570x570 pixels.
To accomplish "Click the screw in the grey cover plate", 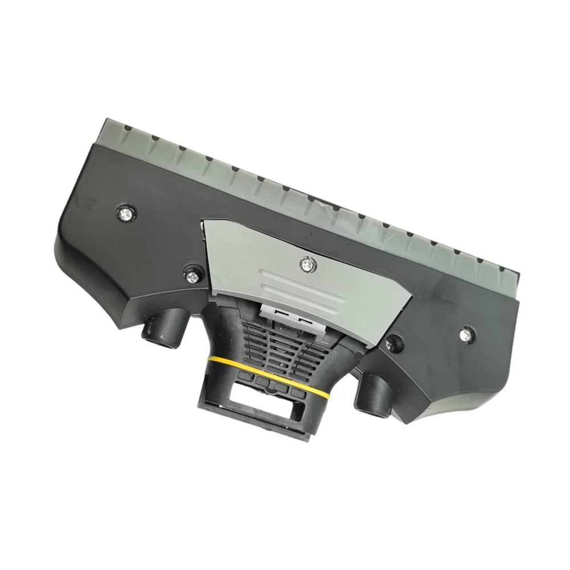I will [x=307, y=263].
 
